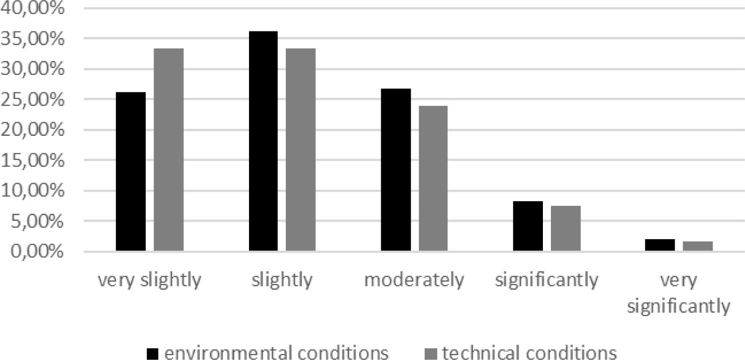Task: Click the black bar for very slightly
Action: (131, 171)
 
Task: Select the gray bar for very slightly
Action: (169, 149)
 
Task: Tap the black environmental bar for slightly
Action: (263, 141)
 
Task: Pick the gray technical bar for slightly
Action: (300, 149)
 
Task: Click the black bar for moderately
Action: (396, 170)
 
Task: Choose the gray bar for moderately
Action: (433, 178)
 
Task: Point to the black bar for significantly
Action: (528, 226)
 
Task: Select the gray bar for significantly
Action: (566, 228)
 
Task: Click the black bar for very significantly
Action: (660, 245)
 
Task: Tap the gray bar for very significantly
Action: (698, 246)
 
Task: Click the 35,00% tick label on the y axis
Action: (33, 38)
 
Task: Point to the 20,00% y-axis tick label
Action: (33, 130)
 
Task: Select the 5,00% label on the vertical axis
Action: (38, 221)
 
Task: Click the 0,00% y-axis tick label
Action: (38, 252)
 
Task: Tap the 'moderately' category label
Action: (414, 281)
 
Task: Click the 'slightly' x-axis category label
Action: (282, 281)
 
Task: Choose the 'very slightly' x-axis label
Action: (149, 281)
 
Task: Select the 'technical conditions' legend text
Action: (529, 353)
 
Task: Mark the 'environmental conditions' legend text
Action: (276, 353)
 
